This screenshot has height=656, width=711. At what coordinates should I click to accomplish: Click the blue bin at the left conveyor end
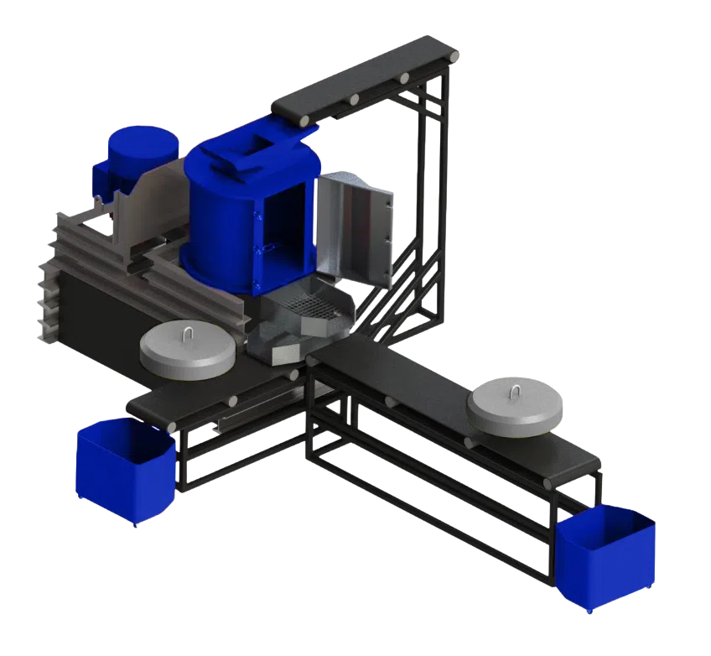[124, 471]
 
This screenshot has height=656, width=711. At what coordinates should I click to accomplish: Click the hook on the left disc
[187, 335]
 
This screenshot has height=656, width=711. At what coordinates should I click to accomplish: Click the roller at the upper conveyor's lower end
[300, 122]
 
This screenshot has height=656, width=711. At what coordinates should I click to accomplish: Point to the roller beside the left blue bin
[172, 427]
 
